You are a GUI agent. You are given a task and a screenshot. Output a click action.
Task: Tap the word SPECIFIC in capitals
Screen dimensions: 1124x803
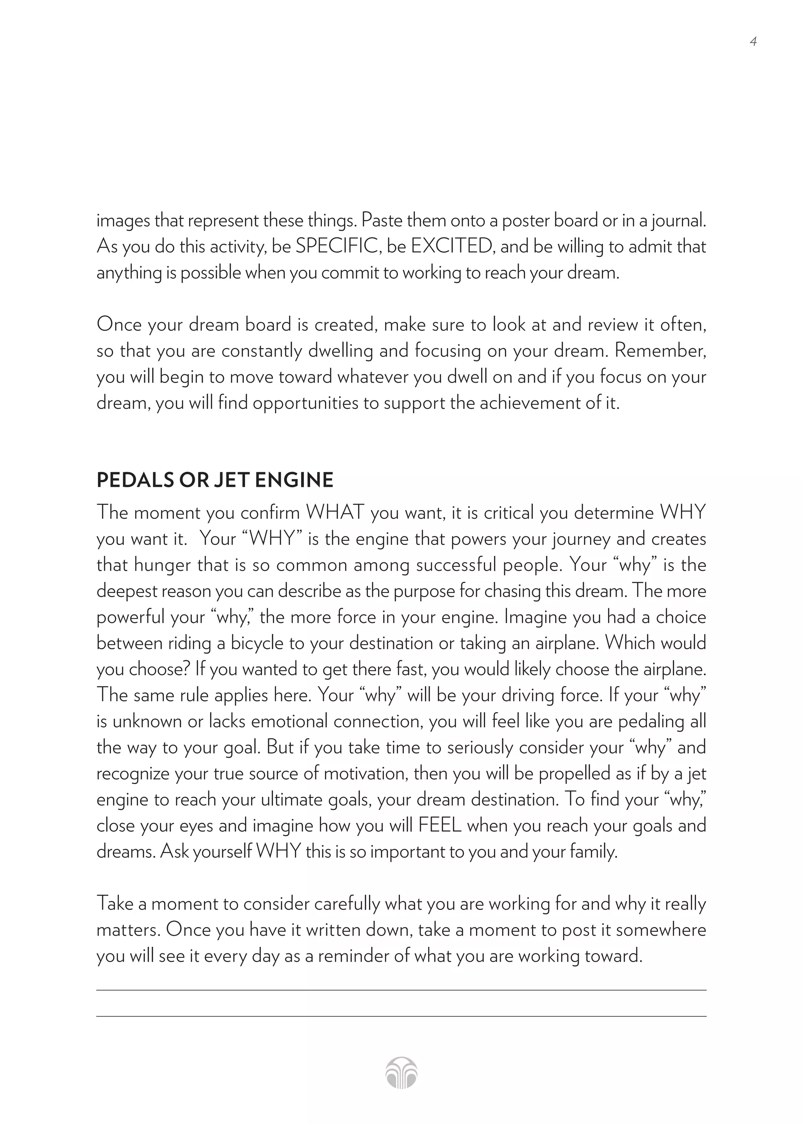coord(337,246)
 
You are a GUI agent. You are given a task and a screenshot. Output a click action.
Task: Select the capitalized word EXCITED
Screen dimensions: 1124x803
coord(451,246)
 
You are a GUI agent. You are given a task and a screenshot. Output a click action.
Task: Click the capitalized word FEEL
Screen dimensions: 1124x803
coord(440,825)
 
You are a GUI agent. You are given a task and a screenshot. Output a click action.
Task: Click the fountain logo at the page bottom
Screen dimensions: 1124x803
coord(401,1073)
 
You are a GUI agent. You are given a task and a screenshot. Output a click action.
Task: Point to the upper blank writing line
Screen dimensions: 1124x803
coord(401,990)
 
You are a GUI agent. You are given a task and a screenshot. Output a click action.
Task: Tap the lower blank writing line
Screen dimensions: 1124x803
coord(401,1016)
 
